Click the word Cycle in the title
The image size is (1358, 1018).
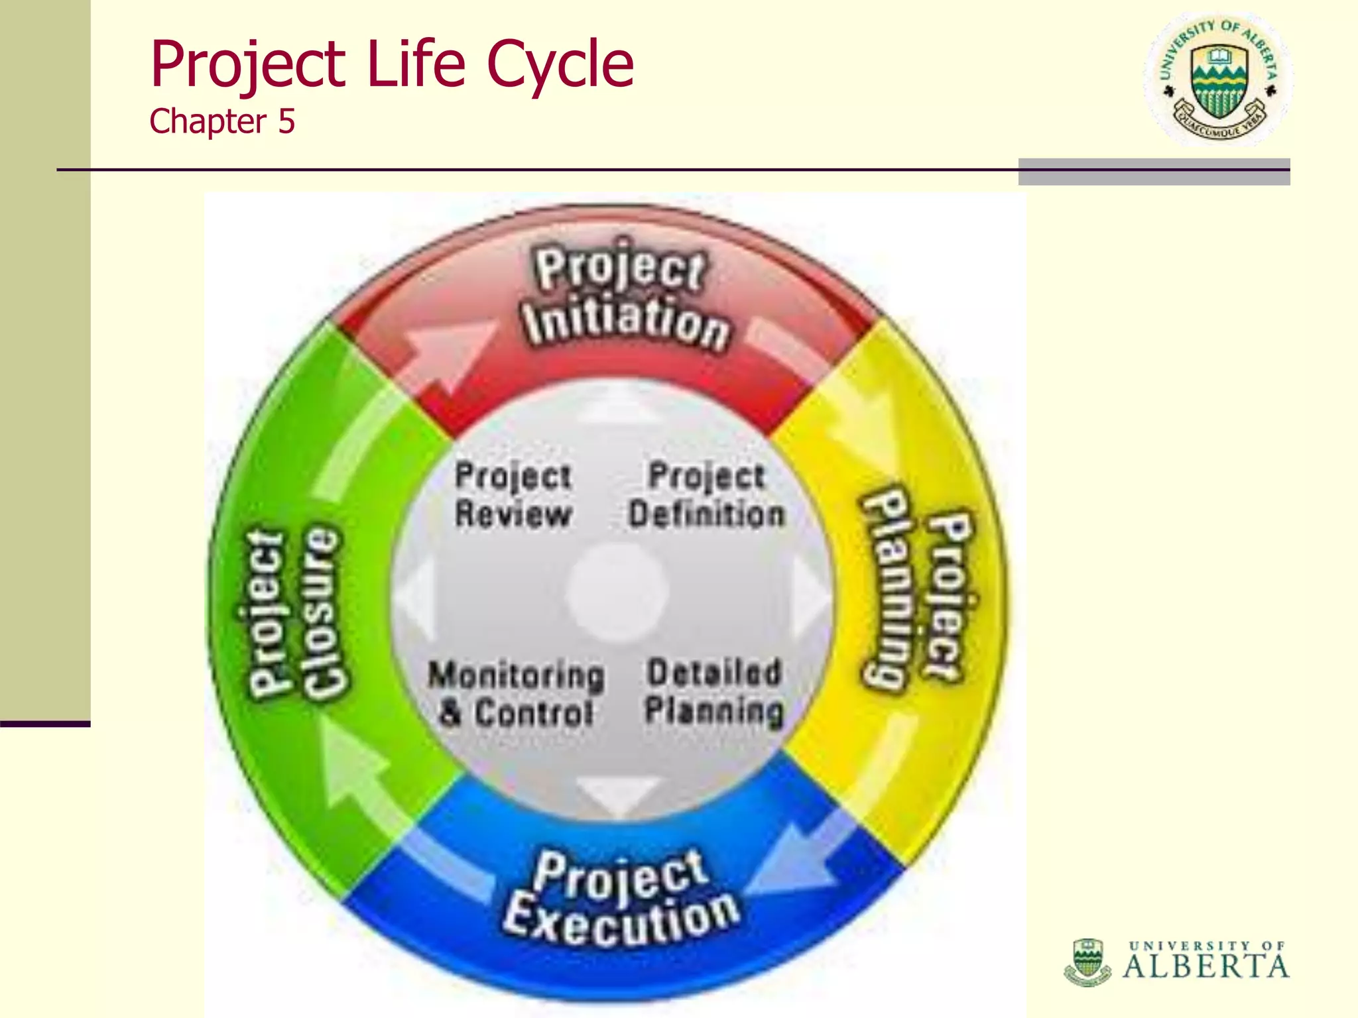tap(560, 65)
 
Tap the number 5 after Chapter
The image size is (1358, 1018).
tap(286, 122)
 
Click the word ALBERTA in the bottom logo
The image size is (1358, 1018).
tap(1205, 966)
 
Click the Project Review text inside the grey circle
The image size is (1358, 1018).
tap(513, 495)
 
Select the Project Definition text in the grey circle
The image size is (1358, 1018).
tap(706, 495)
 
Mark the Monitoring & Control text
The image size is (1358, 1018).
tap(516, 693)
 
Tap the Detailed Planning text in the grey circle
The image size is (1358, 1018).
tap(714, 691)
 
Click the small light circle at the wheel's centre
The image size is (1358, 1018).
tap(617, 592)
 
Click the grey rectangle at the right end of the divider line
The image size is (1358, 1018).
tap(1154, 172)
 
